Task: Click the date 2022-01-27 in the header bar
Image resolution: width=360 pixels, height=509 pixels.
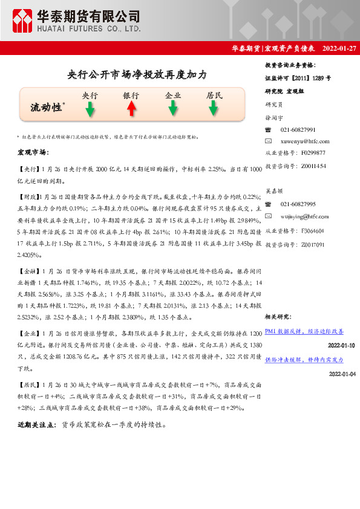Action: [339, 48]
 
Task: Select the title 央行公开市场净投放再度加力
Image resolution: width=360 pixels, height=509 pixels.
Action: [137, 75]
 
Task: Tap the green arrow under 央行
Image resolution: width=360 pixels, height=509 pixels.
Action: [90, 109]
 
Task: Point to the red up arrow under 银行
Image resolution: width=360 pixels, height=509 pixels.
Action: [131, 109]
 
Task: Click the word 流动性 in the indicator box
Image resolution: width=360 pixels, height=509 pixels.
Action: [47, 107]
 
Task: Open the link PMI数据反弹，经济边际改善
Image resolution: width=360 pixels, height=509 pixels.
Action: [304, 331]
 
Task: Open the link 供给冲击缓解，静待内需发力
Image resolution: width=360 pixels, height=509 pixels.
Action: [304, 360]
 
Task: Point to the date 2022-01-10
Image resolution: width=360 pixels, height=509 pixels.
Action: [342, 345]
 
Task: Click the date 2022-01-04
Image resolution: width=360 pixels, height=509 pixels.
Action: [342, 374]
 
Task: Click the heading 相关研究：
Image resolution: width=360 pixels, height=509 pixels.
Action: [279, 317]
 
